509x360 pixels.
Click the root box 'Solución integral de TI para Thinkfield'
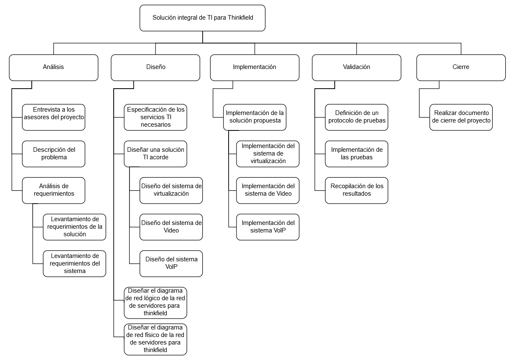coord(202,18)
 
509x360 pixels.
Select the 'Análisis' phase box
coord(53,68)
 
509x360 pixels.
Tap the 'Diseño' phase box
coord(155,68)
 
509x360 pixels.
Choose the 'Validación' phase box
coord(356,68)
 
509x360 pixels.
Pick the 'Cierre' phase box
coord(461,68)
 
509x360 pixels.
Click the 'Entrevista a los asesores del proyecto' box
coord(53,117)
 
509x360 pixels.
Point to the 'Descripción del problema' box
coord(53,154)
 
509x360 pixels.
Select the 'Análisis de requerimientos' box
coord(53,191)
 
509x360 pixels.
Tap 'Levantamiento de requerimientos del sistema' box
coord(74,264)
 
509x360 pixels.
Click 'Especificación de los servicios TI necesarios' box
coord(155,117)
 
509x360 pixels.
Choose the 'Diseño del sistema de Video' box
coord(171,227)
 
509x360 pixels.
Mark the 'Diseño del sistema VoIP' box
coord(171,264)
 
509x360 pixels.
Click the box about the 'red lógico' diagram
coord(155,303)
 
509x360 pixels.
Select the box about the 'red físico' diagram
coord(155,340)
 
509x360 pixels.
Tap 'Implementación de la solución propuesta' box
coord(255,117)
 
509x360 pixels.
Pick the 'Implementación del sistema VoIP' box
coord(268,227)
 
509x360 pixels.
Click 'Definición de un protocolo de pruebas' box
coord(356,117)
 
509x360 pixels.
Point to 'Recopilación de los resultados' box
coord(356,191)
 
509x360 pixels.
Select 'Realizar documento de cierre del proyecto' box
coord(461,117)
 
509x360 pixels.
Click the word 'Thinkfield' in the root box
coord(240,18)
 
